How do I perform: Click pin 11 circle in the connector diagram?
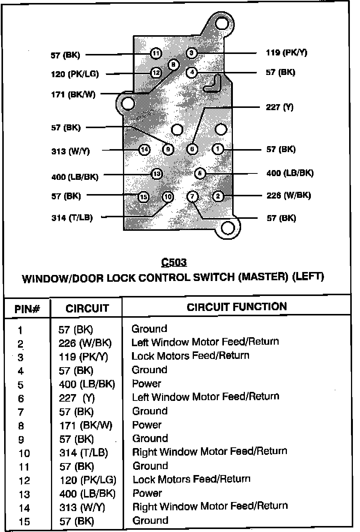click(x=156, y=54)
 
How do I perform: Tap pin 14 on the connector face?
click(x=144, y=150)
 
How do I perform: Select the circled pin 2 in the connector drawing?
click(x=218, y=196)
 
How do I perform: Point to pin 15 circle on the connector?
click(x=143, y=197)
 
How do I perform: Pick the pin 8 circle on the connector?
click(x=173, y=65)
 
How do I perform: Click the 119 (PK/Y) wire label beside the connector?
click(x=286, y=53)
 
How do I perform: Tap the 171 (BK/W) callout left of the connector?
click(x=73, y=94)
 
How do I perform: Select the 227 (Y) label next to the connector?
click(x=280, y=108)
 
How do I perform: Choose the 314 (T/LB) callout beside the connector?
click(x=72, y=218)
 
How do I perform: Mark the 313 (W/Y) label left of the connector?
click(x=70, y=151)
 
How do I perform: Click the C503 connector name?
click(x=174, y=262)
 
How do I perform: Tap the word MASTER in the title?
click(x=263, y=277)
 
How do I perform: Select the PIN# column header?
click(x=27, y=309)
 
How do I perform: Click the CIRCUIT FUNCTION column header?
click(x=237, y=307)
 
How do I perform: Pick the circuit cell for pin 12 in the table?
click(x=88, y=480)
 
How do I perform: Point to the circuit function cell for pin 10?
click(x=210, y=451)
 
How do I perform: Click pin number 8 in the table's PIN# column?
click(x=21, y=426)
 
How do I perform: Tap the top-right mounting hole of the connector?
click(x=222, y=24)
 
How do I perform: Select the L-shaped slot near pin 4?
click(x=213, y=84)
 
